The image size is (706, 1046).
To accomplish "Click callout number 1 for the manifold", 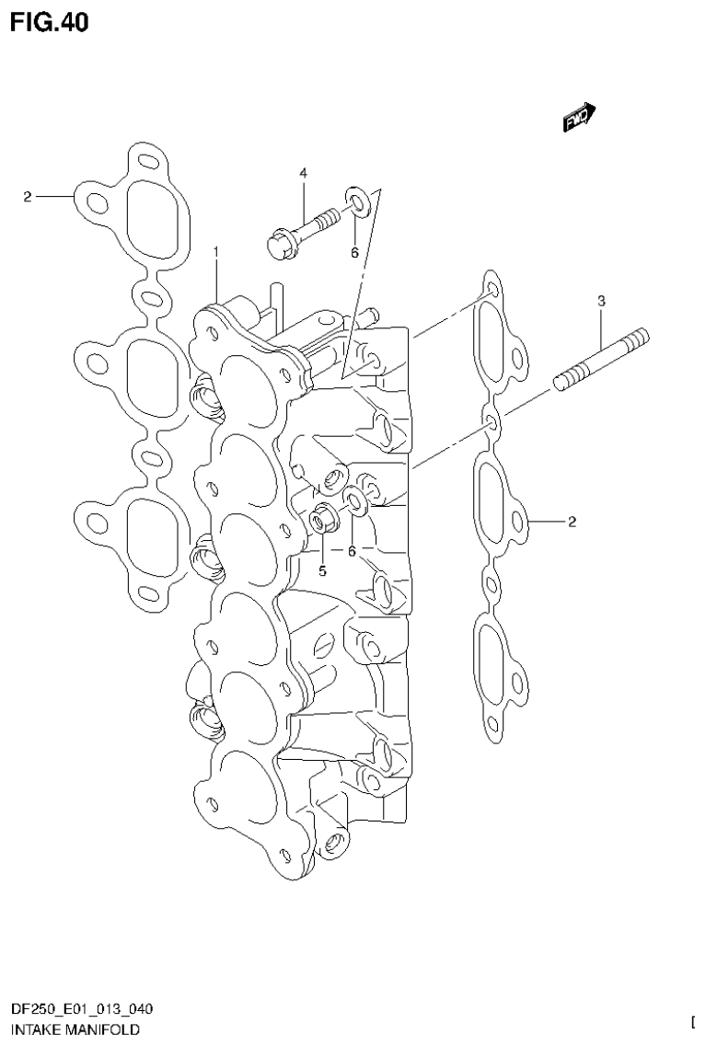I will pyautogui.click(x=216, y=251).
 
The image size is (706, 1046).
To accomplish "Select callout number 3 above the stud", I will pyautogui.click(x=601, y=301).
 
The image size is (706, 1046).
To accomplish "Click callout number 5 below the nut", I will pyautogui.click(x=322, y=570).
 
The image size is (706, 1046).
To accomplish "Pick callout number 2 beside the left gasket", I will pyautogui.click(x=28, y=196).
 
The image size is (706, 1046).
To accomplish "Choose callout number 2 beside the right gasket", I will pyautogui.click(x=572, y=523).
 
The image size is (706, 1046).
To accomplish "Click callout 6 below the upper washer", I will pyautogui.click(x=353, y=253).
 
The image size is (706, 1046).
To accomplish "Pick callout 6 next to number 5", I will pyautogui.click(x=351, y=550).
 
